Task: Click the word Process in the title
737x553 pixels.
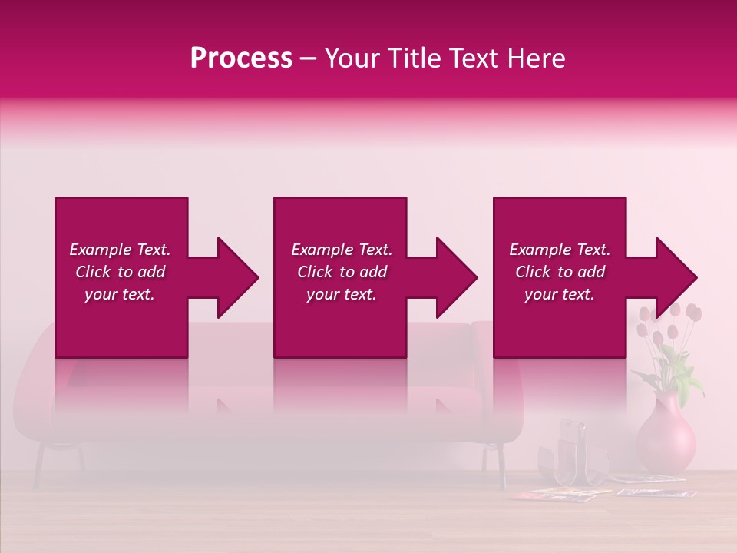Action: [x=241, y=58]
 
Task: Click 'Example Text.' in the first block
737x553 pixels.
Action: [x=120, y=250]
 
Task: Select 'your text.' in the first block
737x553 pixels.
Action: [x=120, y=294]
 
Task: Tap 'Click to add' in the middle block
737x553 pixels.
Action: [x=342, y=272]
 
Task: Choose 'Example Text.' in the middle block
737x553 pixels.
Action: [x=342, y=250]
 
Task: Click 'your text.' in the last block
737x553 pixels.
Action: [x=560, y=294]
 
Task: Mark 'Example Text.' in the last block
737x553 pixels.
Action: [x=560, y=250]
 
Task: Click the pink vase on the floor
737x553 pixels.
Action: [x=665, y=438]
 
